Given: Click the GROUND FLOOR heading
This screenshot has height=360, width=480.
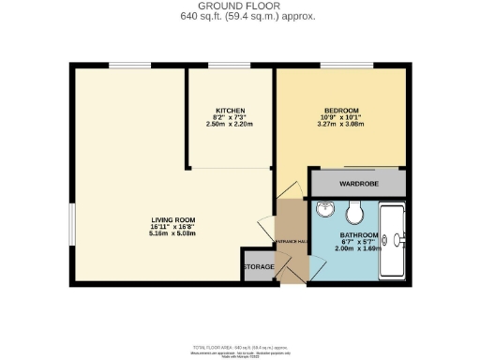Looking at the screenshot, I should [240, 6].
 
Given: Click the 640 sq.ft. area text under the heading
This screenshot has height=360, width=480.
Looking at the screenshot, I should [240, 16].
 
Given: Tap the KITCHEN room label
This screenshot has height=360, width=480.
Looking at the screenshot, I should [231, 112].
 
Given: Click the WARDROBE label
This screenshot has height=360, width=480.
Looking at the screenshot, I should [359, 184].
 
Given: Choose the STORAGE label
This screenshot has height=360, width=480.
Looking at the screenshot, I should [259, 267].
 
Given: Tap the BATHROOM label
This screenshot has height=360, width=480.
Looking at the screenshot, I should [359, 234].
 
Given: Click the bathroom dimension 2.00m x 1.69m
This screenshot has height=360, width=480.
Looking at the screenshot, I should [359, 249].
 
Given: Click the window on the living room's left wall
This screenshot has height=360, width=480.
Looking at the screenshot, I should [72, 226].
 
